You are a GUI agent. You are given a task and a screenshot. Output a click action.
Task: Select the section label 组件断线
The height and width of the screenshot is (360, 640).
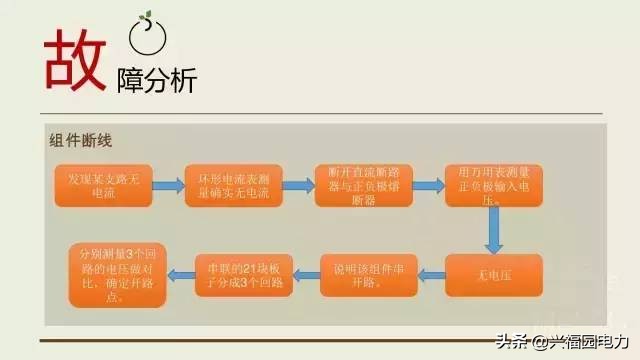79,140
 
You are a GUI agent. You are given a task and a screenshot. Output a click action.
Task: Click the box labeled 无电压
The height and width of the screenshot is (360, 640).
493,275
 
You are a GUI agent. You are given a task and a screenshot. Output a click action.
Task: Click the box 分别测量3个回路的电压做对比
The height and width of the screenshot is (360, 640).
110,274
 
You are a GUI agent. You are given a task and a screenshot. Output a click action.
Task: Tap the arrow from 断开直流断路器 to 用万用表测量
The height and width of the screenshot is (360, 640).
421,186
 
